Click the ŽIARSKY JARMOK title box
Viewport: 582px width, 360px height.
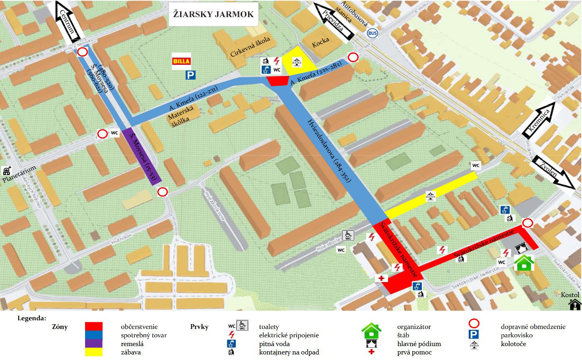[213, 14]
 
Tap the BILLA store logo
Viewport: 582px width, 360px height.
[181, 61]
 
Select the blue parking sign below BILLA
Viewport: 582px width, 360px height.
[190, 75]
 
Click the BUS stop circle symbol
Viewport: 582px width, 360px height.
[372, 33]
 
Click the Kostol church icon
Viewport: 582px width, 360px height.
[574, 305]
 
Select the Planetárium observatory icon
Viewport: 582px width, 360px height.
[6, 171]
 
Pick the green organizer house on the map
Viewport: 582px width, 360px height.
[524, 263]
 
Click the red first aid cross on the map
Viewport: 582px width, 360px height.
[382, 278]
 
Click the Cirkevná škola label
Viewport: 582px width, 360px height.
[250, 47]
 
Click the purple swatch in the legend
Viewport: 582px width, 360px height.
[93, 343]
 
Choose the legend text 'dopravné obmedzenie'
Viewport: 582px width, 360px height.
[533, 327]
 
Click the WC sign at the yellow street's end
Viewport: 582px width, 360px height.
[475, 165]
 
